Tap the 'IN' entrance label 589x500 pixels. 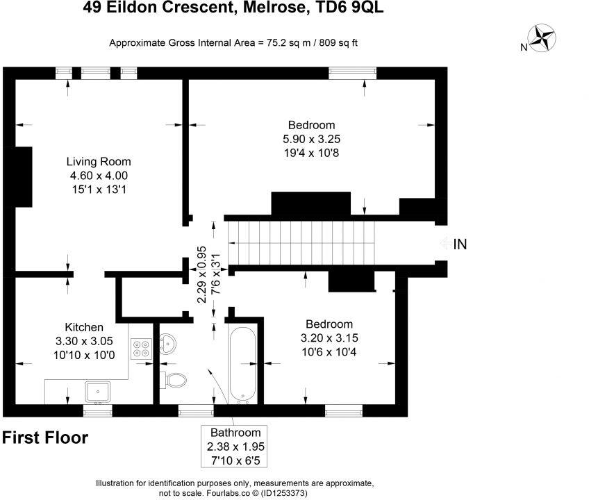(460, 244)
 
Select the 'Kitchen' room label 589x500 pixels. (84, 327)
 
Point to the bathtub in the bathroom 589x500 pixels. (243, 364)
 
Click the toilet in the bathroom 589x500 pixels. (174, 380)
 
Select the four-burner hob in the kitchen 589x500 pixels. (141, 346)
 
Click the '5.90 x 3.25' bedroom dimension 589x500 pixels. (312, 139)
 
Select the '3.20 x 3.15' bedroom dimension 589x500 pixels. (330, 337)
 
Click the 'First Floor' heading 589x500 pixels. (45, 438)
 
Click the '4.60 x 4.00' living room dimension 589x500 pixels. (99, 176)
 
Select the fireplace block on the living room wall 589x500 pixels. (24, 177)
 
